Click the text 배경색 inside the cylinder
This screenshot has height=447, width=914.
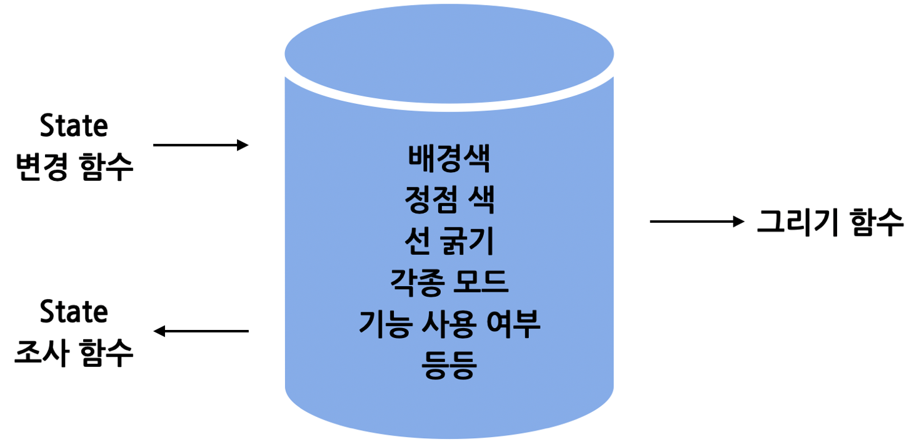click(449, 160)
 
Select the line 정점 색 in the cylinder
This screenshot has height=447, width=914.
click(449, 201)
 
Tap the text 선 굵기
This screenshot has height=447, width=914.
click(449, 242)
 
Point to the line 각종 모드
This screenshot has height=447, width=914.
click(449, 284)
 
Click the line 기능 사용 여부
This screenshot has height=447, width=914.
click(449, 325)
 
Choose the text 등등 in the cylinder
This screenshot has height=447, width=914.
click(449, 366)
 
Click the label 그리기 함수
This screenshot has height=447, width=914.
click(830, 222)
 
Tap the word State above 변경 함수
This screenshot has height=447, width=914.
click(74, 127)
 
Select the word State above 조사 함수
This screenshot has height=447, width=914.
click(74, 312)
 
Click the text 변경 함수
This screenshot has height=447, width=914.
click(74, 168)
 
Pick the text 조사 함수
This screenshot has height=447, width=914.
click(74, 354)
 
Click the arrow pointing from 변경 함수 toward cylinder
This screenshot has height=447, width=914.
click(200, 145)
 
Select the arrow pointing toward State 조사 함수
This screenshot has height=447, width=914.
click(201, 331)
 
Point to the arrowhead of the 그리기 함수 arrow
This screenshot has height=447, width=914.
click(739, 222)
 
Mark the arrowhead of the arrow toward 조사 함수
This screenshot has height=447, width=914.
click(160, 331)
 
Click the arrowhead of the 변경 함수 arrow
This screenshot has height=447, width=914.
click(243, 145)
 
